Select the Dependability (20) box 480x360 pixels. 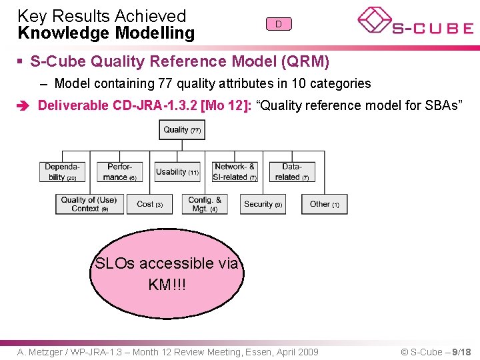coord(62,172)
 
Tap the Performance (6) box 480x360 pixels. coord(120,172)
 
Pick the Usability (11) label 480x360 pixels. coord(177,172)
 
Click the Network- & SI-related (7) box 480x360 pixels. coord(235,172)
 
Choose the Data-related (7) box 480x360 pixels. coord(292,172)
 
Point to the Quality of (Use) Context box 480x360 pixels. coord(88,204)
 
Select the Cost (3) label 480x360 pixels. coord(149,204)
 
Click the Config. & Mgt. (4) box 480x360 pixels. coord(205,204)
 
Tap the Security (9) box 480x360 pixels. coord(263,204)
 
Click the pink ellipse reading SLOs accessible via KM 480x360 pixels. coord(167,273)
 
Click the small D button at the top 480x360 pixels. coord(279,24)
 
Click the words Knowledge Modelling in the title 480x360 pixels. coord(106,33)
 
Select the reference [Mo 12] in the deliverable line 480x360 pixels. coord(227,105)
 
